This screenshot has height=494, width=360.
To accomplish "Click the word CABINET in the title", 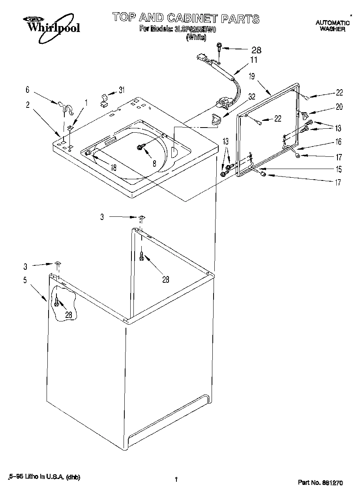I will click(x=192, y=18).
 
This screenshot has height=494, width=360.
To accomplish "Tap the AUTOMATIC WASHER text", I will click(x=332, y=26).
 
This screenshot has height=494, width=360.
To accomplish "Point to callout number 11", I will click(x=253, y=60).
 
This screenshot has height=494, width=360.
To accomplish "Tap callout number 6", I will click(x=27, y=90).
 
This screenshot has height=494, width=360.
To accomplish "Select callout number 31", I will click(x=121, y=90).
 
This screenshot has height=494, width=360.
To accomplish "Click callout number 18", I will click(x=113, y=167).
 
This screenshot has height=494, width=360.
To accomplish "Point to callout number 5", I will click(x=25, y=280).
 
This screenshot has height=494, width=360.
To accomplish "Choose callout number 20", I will click(x=339, y=106).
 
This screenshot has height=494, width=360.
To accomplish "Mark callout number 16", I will click(x=338, y=142).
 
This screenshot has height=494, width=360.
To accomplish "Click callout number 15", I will click(x=338, y=169).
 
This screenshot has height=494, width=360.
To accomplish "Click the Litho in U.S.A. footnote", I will click(x=45, y=477).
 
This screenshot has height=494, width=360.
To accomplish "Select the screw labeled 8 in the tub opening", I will click(x=140, y=147).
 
